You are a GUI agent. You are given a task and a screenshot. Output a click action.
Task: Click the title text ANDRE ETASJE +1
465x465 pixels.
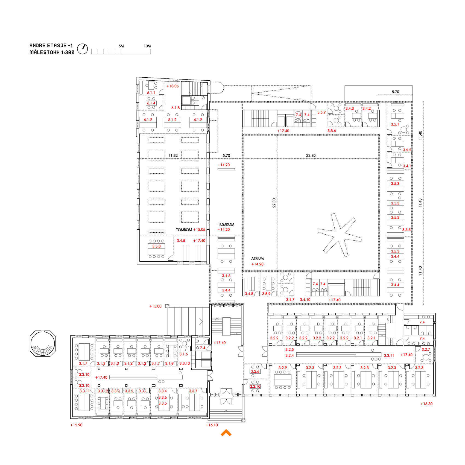pos(51,46)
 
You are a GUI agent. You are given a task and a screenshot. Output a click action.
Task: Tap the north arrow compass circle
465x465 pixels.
pos(82,49)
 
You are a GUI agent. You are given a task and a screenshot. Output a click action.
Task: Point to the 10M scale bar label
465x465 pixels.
pos(147,46)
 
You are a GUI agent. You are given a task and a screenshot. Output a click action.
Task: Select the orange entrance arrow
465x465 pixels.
pos(226,433)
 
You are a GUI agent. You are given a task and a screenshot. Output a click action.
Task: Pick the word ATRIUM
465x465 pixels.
pos(258,258)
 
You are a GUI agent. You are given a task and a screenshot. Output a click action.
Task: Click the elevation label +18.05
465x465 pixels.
pos(172,86)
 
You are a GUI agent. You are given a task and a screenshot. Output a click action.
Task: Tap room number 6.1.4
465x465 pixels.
pos(151,103)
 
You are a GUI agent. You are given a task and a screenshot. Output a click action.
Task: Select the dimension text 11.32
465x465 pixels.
pos(173,156)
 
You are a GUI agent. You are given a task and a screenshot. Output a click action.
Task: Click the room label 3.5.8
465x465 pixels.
pos(156,246)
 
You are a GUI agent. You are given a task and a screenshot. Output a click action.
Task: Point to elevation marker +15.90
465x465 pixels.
pos(76,425)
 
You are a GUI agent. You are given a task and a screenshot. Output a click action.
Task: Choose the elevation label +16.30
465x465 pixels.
pos(426,404)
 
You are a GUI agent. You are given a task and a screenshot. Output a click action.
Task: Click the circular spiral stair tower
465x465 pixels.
pos(43,344)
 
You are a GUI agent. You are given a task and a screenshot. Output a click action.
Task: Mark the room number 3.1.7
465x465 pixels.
pos(83,363)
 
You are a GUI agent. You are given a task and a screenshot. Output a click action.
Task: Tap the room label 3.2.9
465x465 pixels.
pos(283,368)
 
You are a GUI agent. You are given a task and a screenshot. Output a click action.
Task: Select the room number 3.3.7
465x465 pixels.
pos(193,391)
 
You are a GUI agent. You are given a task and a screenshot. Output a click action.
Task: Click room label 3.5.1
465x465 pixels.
pos(395,124)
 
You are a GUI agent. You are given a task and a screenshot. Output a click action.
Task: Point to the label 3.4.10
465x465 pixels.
pos(305,300)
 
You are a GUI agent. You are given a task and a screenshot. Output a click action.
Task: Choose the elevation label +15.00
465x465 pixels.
pos(155,306)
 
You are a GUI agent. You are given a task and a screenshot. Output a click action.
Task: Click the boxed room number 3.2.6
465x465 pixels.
pos(255,371)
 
